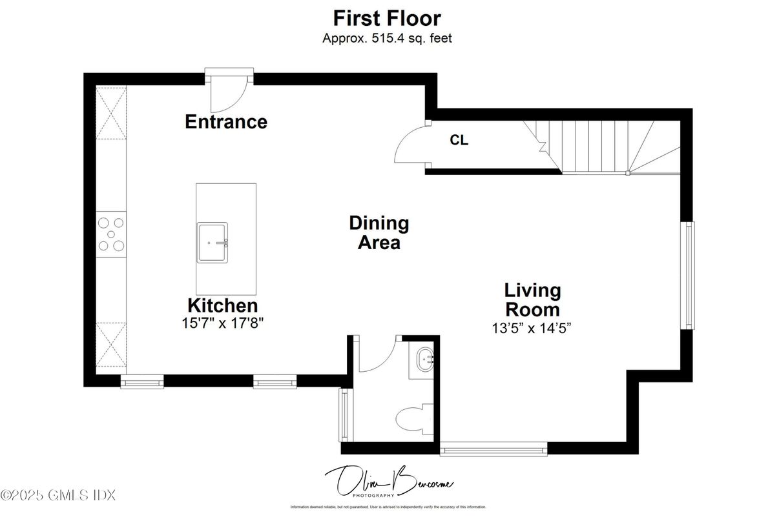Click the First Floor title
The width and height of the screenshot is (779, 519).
(x=387, y=17)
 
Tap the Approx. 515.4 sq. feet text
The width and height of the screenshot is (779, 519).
(x=387, y=38)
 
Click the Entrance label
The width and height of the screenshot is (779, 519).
(x=226, y=121)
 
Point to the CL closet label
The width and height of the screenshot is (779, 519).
(x=459, y=140)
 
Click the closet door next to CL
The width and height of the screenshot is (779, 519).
(x=410, y=145)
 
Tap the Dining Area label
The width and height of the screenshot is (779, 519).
(x=379, y=232)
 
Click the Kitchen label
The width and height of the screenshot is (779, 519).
(x=222, y=305)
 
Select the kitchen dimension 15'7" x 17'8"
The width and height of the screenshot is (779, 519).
(x=222, y=323)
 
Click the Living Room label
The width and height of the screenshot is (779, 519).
(x=532, y=299)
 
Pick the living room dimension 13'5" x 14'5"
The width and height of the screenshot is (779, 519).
(x=532, y=327)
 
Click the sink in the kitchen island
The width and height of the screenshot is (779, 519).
(x=213, y=242)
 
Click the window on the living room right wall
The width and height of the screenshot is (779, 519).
(x=689, y=275)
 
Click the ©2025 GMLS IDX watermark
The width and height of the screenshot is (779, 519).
(x=58, y=496)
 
